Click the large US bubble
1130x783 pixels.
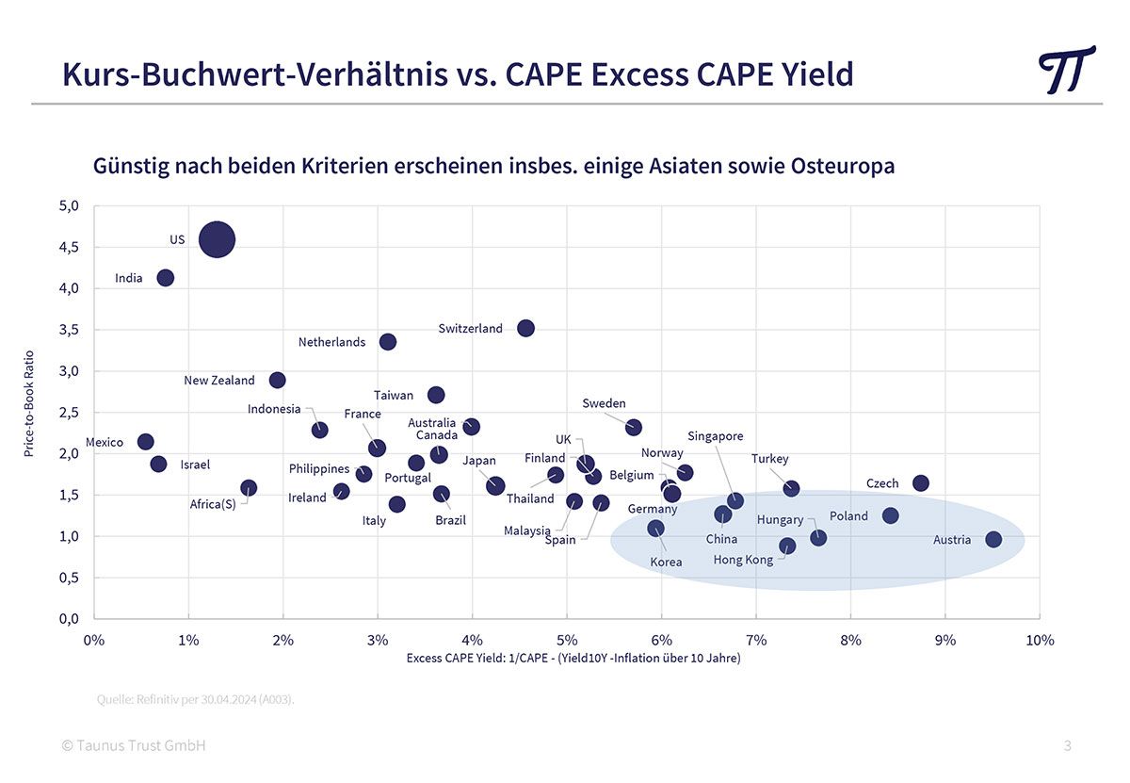pos(217,239)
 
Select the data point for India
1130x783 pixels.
pos(165,277)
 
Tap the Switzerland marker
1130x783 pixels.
pos(525,328)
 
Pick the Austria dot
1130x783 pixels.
pos(993,540)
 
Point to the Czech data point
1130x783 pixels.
pos(921,483)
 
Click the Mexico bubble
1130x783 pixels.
pos(145,442)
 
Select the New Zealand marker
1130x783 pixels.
pos(277,380)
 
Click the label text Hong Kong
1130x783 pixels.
pos(743,560)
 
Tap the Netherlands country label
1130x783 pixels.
pos(331,342)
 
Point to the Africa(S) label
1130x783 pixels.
pos(213,504)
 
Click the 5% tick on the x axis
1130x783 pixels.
pos(567,641)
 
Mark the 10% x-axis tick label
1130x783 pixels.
pos(1040,641)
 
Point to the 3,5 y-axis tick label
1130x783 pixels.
pos(69,330)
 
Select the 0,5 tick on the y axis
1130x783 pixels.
pos(69,578)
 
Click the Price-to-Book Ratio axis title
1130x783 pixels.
pos(29,404)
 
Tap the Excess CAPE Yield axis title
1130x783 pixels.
pos(573,658)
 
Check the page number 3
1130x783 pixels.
pos(1067,745)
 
